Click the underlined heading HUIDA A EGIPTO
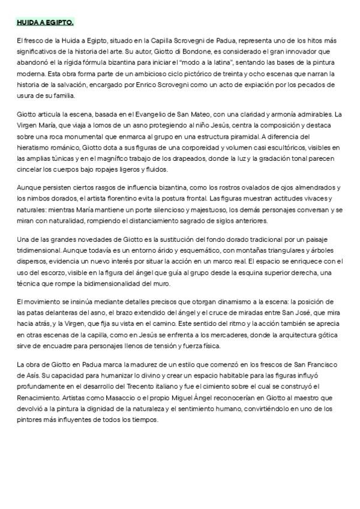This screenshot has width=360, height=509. tap(45, 22)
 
